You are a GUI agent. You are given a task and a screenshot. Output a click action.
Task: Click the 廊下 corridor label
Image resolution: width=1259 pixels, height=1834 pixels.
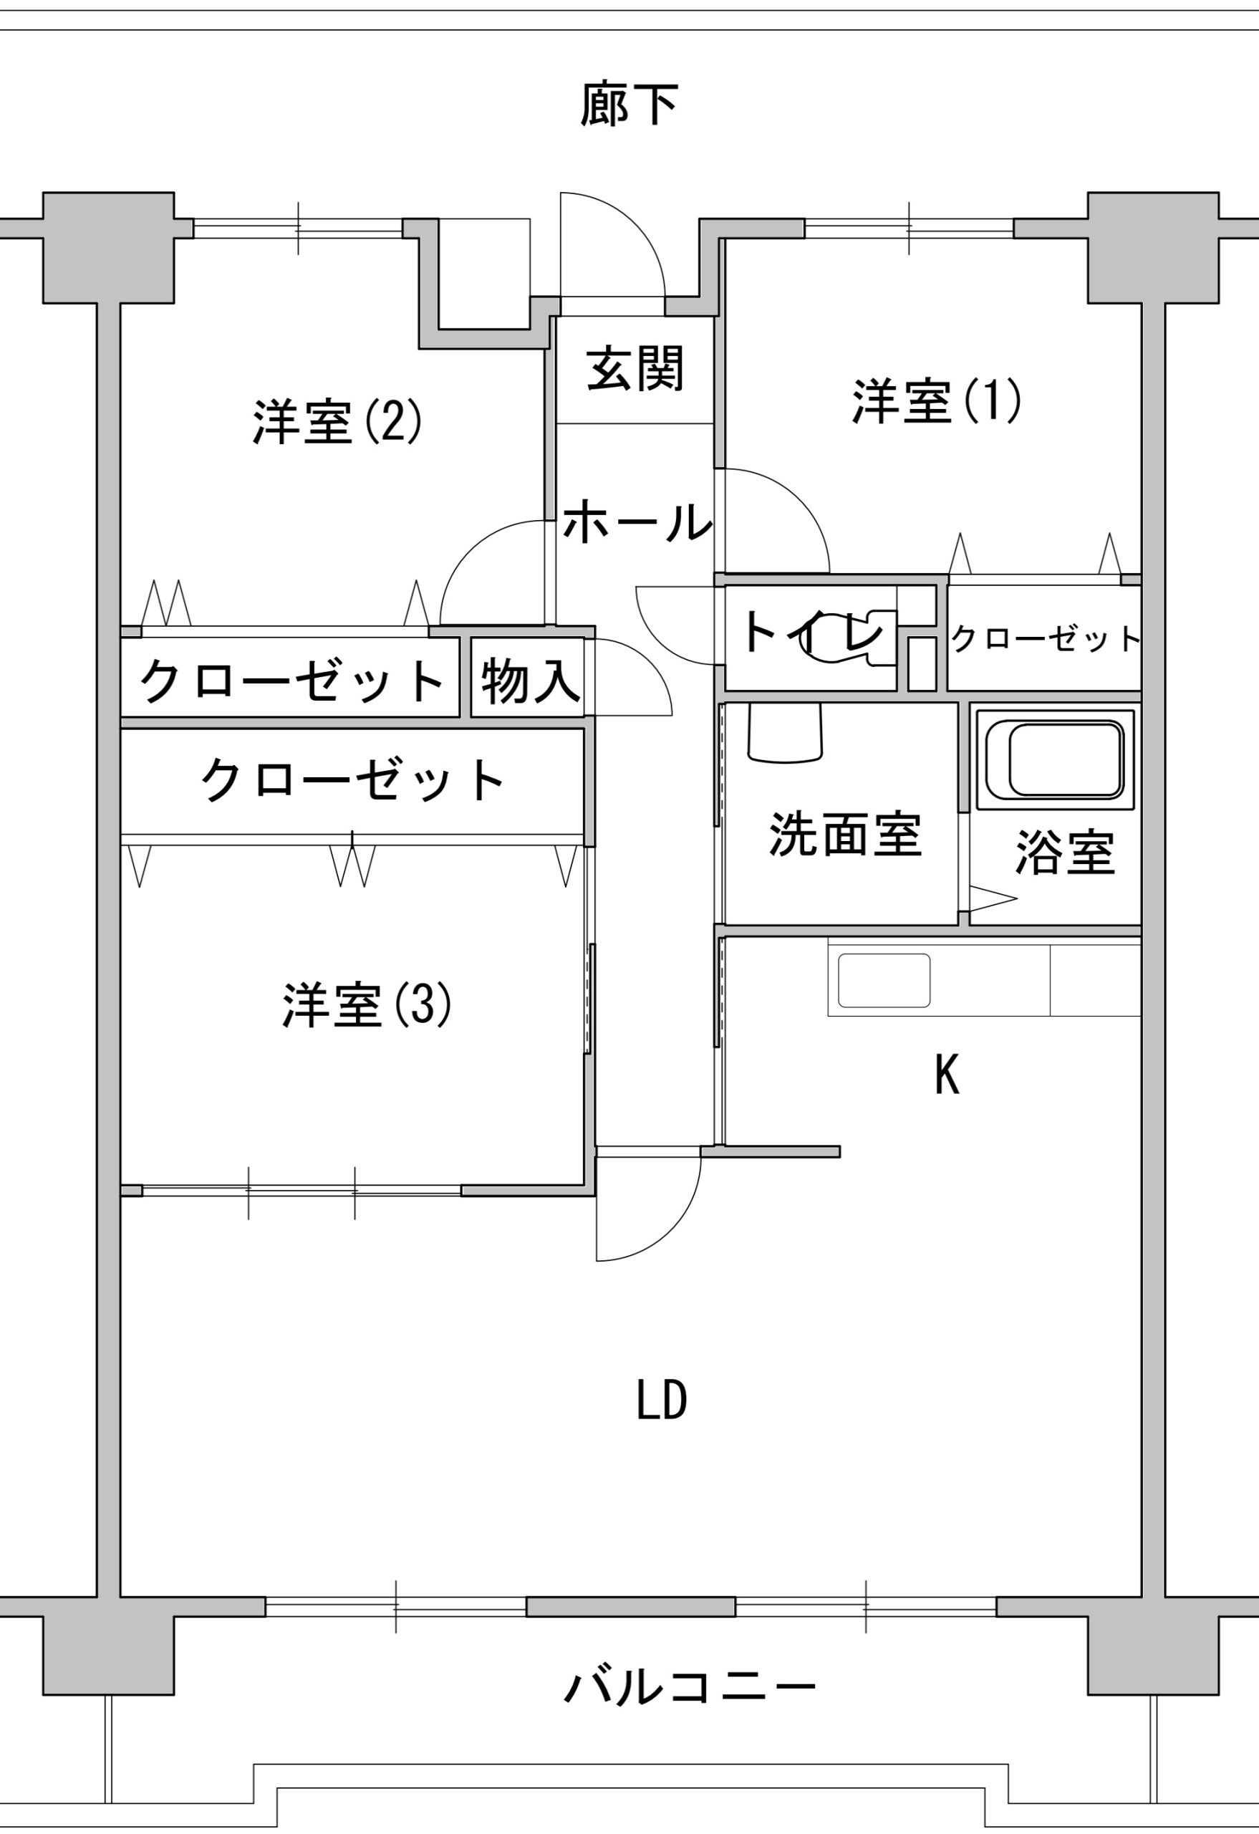tap(629, 105)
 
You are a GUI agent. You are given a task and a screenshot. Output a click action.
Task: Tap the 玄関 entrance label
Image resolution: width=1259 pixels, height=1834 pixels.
tap(635, 370)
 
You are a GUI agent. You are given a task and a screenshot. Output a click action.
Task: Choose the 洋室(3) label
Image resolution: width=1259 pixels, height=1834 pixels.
tap(367, 1004)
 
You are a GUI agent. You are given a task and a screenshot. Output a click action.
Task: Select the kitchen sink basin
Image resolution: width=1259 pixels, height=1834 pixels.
tap(884, 980)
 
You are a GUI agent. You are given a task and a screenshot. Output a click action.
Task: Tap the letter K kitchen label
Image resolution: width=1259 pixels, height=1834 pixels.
tap(947, 1075)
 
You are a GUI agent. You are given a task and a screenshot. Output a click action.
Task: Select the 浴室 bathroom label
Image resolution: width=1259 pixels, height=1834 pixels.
tap(1063, 853)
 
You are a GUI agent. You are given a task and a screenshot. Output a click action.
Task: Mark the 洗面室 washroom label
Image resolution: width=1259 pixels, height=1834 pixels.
tap(844, 834)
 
